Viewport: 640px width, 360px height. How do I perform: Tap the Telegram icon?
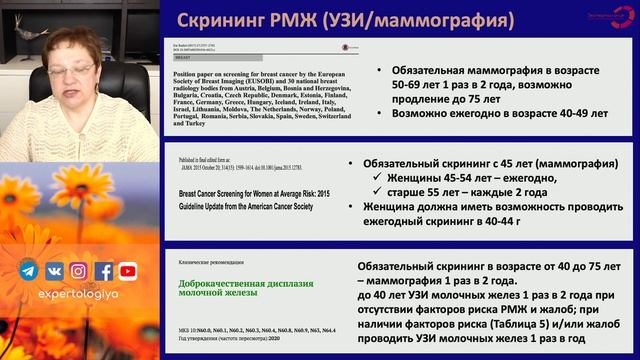29,270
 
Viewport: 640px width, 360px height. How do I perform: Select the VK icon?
54,270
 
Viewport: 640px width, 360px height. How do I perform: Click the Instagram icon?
79,270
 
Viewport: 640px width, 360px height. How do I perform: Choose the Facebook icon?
104,270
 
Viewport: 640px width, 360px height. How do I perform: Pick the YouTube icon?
128,270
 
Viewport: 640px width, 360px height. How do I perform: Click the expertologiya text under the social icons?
79,298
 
